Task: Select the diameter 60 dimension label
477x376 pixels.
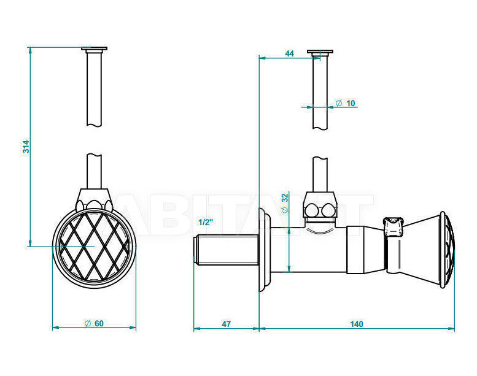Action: point(94,323)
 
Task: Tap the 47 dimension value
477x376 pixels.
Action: point(226,324)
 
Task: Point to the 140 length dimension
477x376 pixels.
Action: point(356,324)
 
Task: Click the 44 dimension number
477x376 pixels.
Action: point(289,53)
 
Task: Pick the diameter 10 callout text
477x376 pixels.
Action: point(345,103)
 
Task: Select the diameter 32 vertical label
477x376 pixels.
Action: point(285,203)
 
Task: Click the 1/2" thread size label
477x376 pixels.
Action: point(206,222)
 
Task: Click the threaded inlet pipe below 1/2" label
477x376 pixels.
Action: point(226,250)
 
